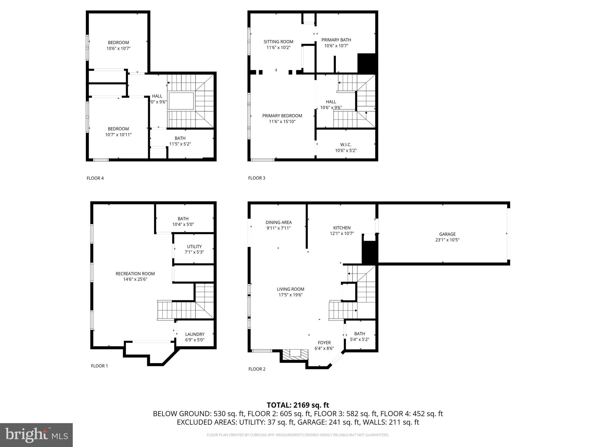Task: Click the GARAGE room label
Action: [447, 234]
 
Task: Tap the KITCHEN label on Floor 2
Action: [342, 228]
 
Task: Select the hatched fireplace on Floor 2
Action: [295, 354]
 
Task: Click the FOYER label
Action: [324, 343]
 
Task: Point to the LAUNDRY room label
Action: [195, 334]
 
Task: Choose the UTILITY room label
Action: [194, 246]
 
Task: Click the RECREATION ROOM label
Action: [135, 274]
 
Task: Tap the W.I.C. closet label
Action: [346, 145]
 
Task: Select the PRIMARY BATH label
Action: [336, 40]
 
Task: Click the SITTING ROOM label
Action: [278, 42]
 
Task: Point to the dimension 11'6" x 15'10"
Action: [282, 122]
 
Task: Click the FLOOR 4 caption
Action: [95, 178]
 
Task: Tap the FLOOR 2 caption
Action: [257, 369]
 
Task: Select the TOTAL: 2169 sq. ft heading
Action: [298, 405]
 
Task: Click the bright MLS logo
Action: [36, 435]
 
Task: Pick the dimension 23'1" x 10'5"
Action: [447, 240]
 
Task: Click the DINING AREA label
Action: [279, 222]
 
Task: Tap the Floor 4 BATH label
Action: [180, 138]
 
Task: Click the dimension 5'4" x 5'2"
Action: [359, 340]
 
